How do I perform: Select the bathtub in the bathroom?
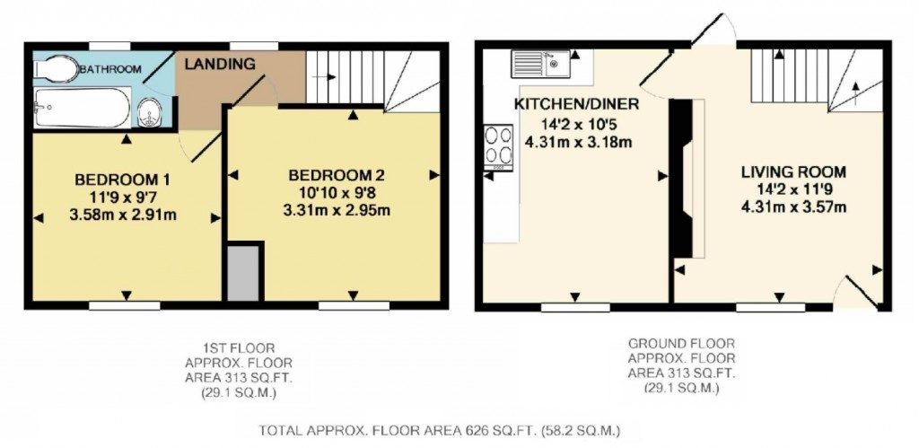[x=81, y=108]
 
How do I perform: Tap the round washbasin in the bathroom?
[x=152, y=113]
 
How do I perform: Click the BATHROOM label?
[x=109, y=69]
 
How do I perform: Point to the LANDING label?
[x=220, y=64]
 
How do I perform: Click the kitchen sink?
[x=541, y=63]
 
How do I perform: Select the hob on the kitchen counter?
[x=495, y=145]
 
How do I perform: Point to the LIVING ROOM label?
[x=793, y=171]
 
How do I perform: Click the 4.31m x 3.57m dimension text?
[x=793, y=207]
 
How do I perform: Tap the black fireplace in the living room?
[x=684, y=180]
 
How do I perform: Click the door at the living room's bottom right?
[x=858, y=293]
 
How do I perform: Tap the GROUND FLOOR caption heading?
[x=682, y=344]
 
